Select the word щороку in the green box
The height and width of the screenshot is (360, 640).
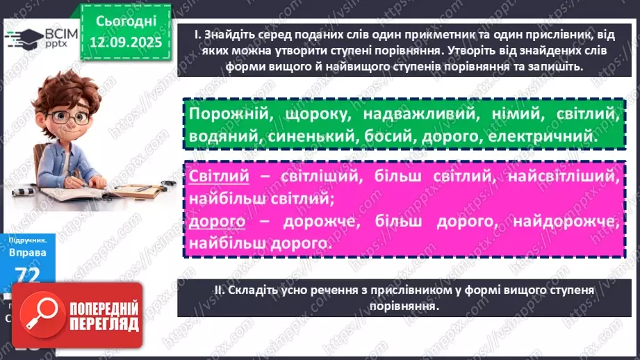305,113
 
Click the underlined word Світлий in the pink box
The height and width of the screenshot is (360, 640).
218,177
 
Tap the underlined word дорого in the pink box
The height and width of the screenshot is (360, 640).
217,221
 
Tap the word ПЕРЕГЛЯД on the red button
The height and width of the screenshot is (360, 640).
99,325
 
